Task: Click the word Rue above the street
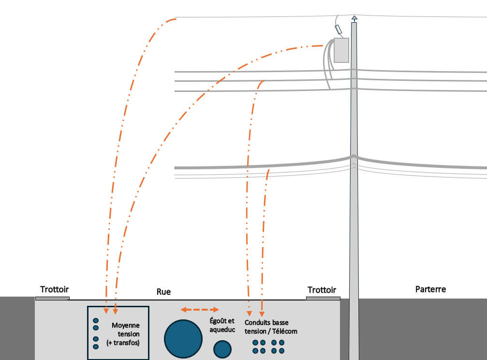pos(163,292)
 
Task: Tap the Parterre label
pos(430,289)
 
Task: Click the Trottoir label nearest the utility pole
pos(322,290)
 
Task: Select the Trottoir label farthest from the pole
pos(55,289)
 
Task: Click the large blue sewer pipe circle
pos(183,339)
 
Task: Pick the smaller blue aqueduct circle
pos(222,349)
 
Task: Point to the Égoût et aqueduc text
pos(222,325)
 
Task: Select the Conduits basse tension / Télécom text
pos(271,327)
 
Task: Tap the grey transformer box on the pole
pos(341,50)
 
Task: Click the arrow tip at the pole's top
pos(354,19)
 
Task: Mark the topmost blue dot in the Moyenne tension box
pos(96,320)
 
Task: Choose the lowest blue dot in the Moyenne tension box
pos(96,346)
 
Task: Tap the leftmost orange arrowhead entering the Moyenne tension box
pos(106,310)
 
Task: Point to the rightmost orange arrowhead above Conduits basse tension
pos(262,310)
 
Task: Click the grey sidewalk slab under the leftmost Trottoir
pos(52,298)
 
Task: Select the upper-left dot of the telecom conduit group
pos(255,343)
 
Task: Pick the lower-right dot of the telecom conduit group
pos(281,350)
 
